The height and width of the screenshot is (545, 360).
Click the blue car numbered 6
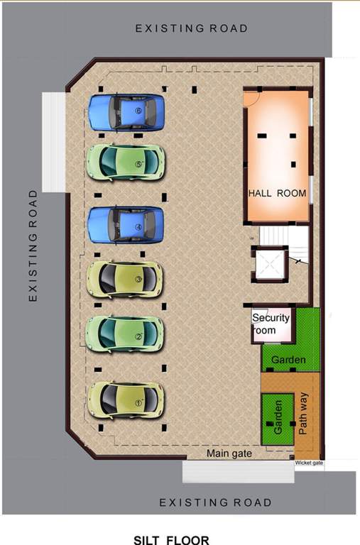pos(126,113)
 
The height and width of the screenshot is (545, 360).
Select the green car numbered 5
pos(126,163)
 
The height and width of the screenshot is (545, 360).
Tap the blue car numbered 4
pos(126,225)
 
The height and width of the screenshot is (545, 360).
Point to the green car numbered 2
pos(126,334)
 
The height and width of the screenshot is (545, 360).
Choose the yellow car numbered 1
pos(126,400)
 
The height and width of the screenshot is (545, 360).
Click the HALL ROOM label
pos(277,193)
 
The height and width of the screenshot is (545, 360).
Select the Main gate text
pos(229,453)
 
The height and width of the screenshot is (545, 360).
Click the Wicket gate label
pos(309,463)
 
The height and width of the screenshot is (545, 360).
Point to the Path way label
pos(304,417)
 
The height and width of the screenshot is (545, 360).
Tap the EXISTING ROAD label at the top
pos(192,28)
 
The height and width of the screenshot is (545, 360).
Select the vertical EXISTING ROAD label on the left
pos(33,246)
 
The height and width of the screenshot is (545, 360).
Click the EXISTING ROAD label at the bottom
pos(215,502)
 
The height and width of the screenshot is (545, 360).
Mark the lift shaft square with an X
pos(271,264)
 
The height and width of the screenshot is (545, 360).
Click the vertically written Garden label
pos(278,417)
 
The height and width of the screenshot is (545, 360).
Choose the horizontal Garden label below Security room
pos(288,360)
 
